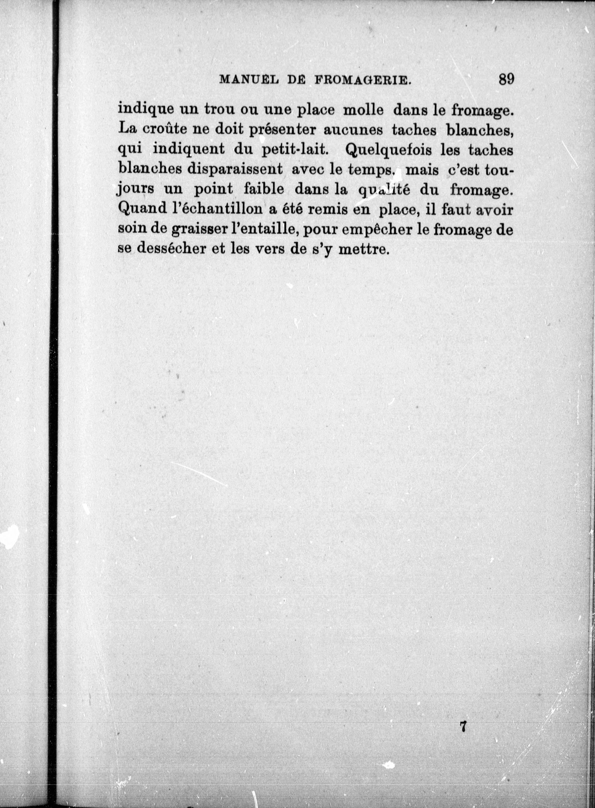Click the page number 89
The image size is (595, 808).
(506, 79)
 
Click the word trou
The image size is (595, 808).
(219, 110)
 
